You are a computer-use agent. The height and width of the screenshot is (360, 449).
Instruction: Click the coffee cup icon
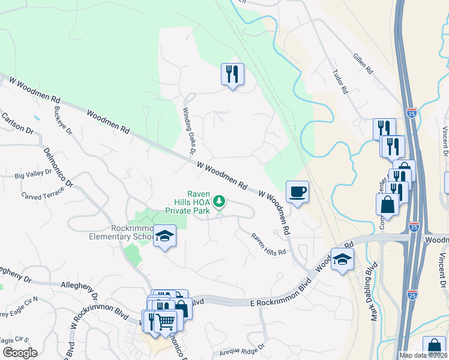tap(297, 192)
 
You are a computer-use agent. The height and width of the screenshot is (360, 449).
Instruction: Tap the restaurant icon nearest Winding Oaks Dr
tap(232, 74)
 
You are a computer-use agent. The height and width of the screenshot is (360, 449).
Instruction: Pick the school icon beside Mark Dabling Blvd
tap(342, 259)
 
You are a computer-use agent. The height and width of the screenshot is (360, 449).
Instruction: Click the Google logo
tap(20, 353)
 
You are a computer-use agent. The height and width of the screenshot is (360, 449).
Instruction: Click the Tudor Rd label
tap(340, 82)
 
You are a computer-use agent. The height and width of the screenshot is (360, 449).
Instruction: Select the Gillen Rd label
tap(362, 62)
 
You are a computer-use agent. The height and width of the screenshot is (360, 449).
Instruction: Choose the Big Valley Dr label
tap(33, 176)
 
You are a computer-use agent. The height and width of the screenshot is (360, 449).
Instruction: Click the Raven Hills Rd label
tap(268, 245)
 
